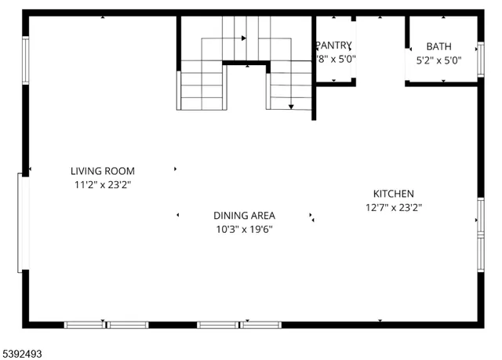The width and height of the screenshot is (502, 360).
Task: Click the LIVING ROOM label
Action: (102, 171)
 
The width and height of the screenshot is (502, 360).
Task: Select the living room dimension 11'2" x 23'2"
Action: (102, 185)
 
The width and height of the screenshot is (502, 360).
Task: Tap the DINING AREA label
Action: (244, 215)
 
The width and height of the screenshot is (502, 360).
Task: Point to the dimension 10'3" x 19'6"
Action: (244, 229)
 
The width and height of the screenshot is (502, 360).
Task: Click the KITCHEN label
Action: (393, 194)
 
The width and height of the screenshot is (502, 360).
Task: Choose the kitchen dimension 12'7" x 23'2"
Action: (393, 208)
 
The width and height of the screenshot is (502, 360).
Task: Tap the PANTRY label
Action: (334, 45)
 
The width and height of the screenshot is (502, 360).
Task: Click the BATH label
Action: (438, 46)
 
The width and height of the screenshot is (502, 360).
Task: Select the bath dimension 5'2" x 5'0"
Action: (438, 60)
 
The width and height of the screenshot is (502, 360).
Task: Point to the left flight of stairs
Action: (202, 89)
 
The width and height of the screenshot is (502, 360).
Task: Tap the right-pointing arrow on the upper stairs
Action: (244, 38)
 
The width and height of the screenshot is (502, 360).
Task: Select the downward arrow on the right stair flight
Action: (291, 106)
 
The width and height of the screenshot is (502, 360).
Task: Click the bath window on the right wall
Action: (480, 59)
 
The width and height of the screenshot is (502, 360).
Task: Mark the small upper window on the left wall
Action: (25, 60)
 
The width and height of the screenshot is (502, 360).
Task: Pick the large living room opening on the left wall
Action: (24, 223)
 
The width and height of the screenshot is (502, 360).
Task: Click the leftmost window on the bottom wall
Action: (106, 324)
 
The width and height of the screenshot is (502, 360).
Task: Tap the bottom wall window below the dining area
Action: (239, 324)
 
